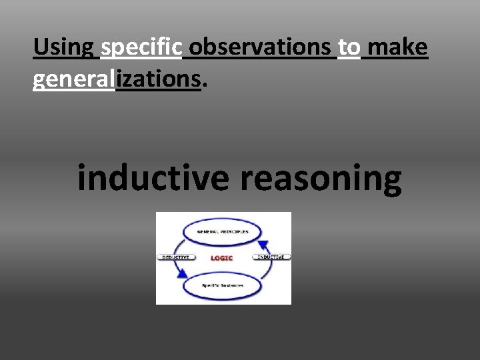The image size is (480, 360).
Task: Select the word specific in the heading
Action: [141, 48]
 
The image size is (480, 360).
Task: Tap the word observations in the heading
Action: [263, 48]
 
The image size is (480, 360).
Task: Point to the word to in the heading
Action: [349, 48]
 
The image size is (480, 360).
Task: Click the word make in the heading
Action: [397, 48]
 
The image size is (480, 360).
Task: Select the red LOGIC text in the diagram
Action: [221, 258]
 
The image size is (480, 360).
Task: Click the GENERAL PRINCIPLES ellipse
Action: [223, 231]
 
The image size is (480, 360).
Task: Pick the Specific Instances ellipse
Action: [223, 285]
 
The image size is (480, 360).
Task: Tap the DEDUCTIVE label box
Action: [175, 257]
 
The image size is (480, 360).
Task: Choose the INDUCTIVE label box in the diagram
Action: [271, 257]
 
